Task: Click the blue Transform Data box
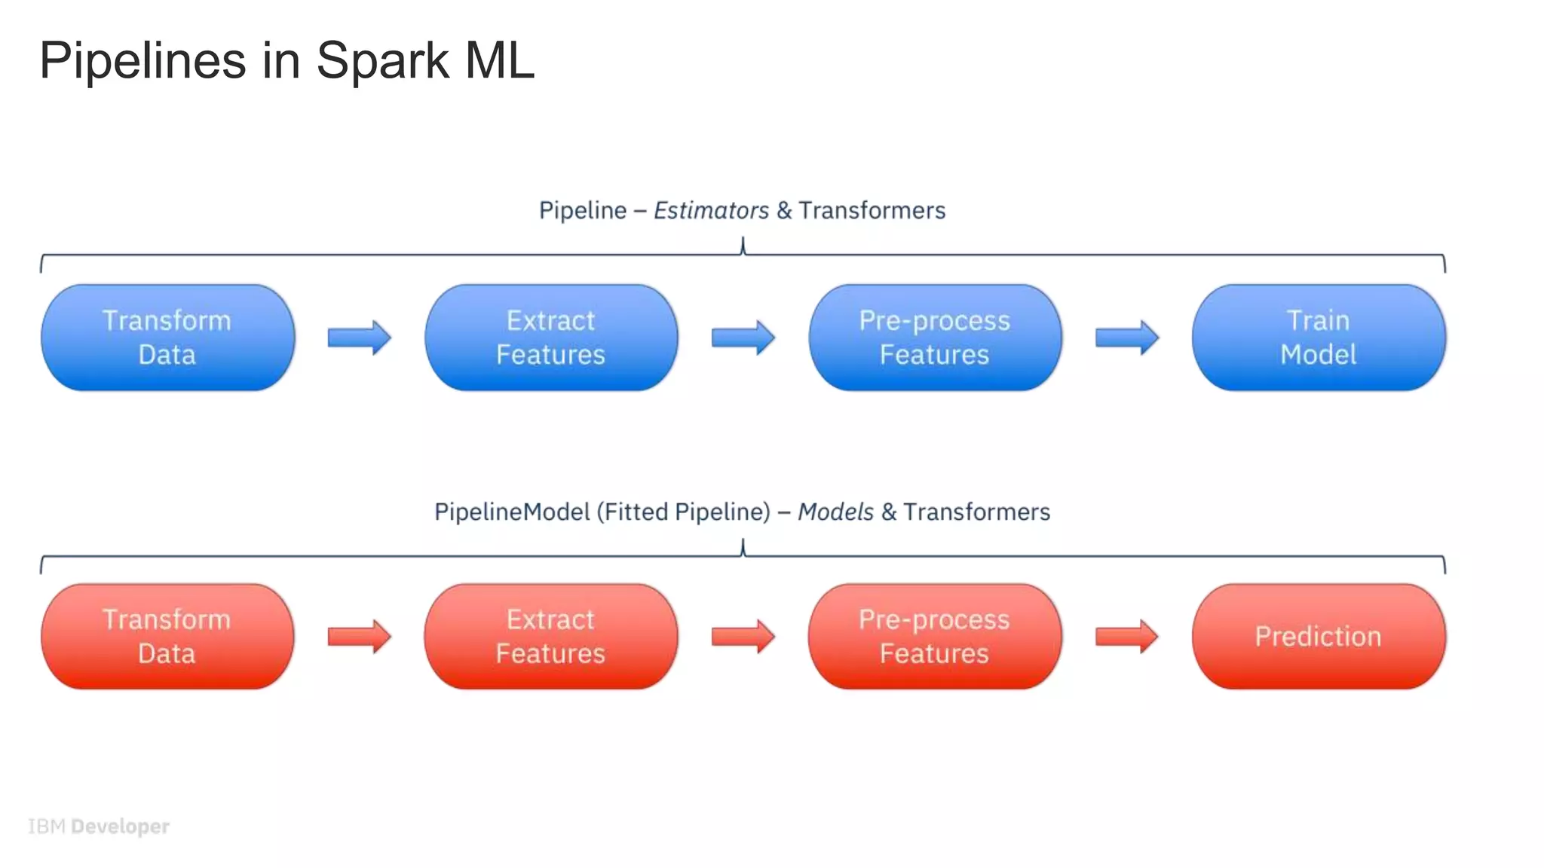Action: (x=167, y=338)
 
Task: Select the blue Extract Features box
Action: (x=551, y=338)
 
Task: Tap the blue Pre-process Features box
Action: (x=935, y=338)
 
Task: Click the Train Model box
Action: (x=1319, y=338)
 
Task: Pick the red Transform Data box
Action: (x=167, y=637)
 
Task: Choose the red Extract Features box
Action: (x=551, y=637)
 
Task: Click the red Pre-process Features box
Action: (x=935, y=637)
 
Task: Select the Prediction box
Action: (x=1319, y=637)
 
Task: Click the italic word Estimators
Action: (x=711, y=210)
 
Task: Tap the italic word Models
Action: (x=835, y=512)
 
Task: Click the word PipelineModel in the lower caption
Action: (x=512, y=512)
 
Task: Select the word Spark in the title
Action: (x=382, y=60)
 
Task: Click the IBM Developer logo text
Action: (x=99, y=827)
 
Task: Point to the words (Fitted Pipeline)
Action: (x=684, y=512)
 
